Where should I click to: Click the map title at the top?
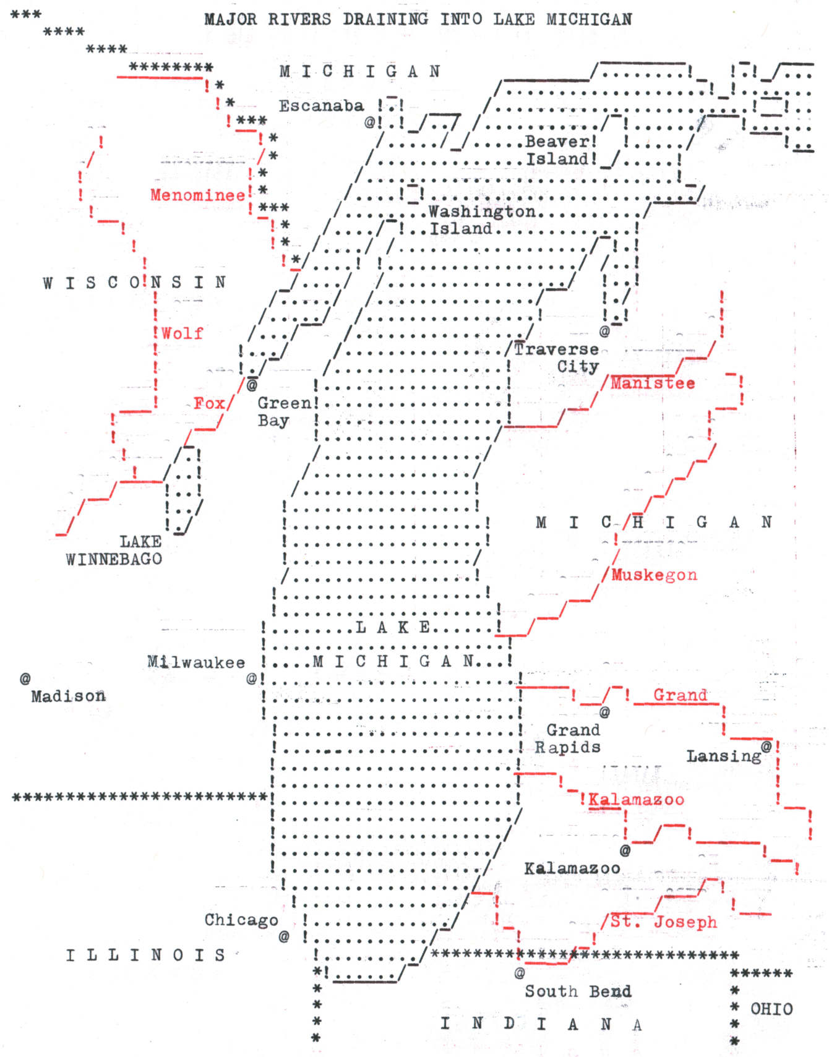418,19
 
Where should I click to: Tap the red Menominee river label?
197,195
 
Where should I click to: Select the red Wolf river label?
182,333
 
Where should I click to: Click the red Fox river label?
209,403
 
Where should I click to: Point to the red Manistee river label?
653,383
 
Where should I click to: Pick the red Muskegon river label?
654,575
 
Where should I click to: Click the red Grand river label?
680,695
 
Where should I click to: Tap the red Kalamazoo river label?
636,799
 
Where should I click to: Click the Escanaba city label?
321,106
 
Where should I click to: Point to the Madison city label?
68,696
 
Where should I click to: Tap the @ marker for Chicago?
284,936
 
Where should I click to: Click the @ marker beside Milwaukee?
252,678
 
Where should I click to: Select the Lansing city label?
724,756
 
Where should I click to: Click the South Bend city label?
578,991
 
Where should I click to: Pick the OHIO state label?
771,1009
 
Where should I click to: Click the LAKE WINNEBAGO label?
114,550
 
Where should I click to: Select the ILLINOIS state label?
146,955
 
